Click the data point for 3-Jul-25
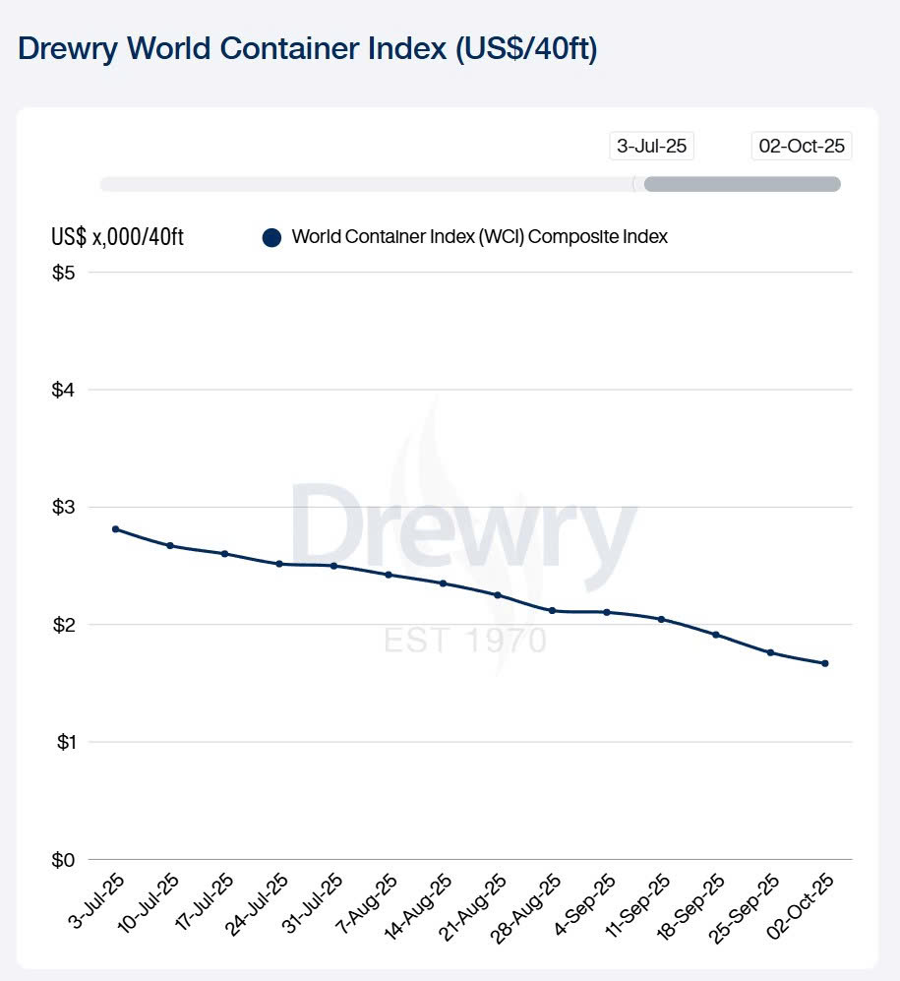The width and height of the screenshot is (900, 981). tap(115, 529)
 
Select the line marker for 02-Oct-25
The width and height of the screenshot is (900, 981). tap(825, 663)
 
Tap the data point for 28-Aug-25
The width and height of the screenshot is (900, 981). tap(553, 611)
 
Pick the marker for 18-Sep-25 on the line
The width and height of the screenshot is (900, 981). tap(716, 635)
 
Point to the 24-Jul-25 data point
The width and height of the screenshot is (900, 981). tap(279, 564)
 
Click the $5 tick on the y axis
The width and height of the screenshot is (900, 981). tap(63, 273)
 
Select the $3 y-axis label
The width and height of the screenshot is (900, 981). tap(63, 507)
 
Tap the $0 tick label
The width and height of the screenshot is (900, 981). tap(63, 860)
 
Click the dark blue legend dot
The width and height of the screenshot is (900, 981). tap(272, 237)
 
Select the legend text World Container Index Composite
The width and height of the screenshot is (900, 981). tap(480, 237)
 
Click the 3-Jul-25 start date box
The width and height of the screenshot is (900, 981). tap(651, 147)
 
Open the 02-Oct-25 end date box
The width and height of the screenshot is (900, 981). tap(802, 147)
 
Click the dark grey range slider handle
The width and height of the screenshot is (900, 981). tap(742, 184)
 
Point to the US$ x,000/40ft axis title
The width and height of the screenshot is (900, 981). tap(118, 238)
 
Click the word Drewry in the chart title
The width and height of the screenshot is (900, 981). tap(75, 50)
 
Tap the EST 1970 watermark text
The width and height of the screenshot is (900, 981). tap(464, 641)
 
